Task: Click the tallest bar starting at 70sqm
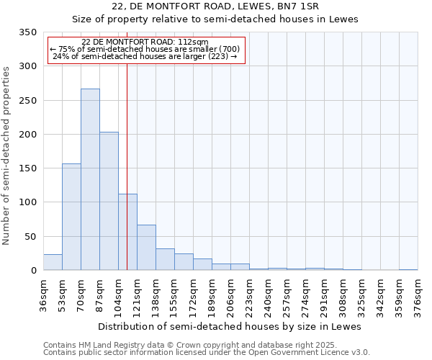(x=90, y=180)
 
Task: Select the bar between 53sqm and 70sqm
(x=71, y=217)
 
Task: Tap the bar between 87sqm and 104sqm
(x=109, y=202)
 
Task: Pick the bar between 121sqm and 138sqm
(x=146, y=248)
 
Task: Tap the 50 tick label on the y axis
(x=30, y=236)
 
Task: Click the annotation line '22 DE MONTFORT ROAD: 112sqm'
(x=145, y=42)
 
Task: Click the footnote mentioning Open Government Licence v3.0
(x=207, y=353)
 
